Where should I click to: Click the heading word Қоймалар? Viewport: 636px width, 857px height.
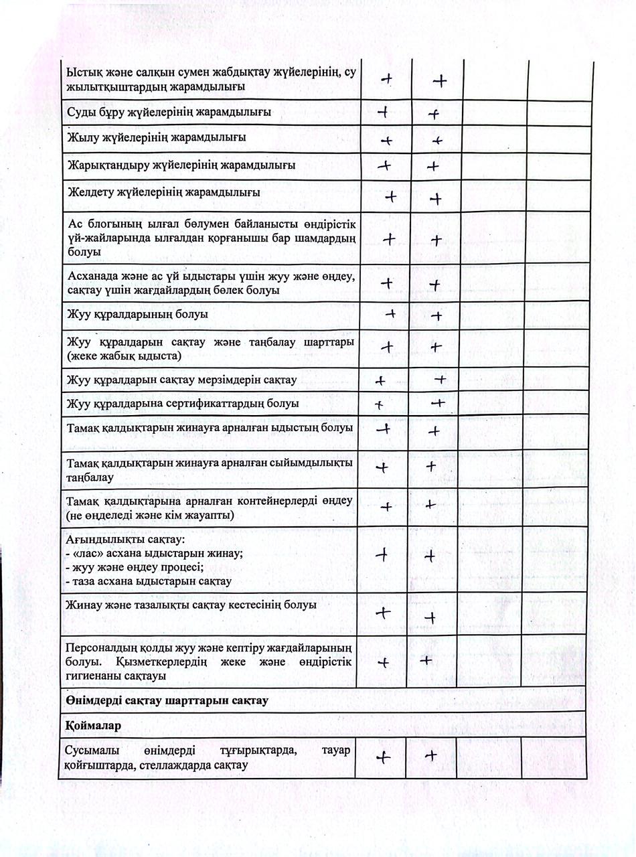pos(92,726)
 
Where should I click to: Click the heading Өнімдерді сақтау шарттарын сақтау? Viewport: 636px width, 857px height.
pos(167,700)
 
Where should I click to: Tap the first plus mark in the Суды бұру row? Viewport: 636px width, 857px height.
pos(384,112)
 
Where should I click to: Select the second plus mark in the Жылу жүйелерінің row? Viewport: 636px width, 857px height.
pos(437,141)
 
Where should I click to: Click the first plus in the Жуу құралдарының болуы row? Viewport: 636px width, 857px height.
pos(391,313)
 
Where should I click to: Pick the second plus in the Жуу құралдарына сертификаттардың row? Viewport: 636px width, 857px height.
pos(438,403)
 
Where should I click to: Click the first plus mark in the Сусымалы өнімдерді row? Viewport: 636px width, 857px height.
pos(383,757)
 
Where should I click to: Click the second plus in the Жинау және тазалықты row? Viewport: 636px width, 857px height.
pos(430,617)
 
